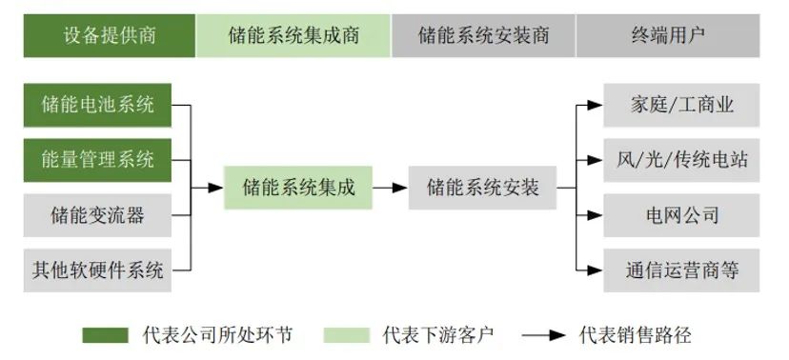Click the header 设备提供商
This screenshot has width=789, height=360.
pyautogui.click(x=110, y=36)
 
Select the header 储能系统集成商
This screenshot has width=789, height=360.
pyautogui.click(x=293, y=36)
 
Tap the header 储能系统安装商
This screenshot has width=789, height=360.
pyautogui.click(x=483, y=36)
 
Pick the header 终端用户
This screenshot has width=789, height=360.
pyautogui.click(x=667, y=36)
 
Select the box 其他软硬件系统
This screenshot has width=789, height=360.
pyautogui.click(x=97, y=270)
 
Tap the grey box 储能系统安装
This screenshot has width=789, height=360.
pyautogui.click(x=483, y=188)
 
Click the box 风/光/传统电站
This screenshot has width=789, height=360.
pyautogui.click(x=681, y=159)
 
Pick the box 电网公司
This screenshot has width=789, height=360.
pyautogui.click(x=681, y=215)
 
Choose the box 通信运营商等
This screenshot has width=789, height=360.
pyautogui.click(x=681, y=270)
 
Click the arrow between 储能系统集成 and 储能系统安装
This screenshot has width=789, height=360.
pyautogui.click(x=390, y=188)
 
